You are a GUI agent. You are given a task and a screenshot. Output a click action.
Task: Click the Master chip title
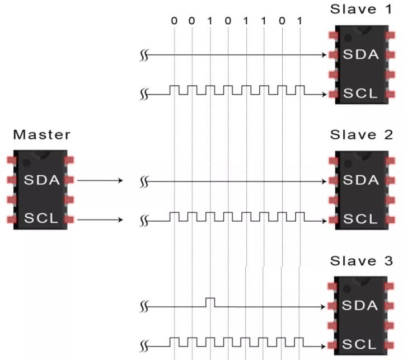point(41,135)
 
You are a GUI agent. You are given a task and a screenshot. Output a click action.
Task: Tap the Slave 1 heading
point(361,10)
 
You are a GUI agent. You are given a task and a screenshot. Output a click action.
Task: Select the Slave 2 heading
point(362,135)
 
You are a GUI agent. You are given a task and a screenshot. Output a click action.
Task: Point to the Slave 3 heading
point(362,261)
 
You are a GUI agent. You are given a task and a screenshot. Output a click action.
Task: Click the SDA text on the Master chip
point(42,180)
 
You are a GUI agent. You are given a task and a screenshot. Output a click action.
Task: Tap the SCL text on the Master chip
point(41,218)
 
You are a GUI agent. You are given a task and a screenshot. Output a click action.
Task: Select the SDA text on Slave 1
point(361,54)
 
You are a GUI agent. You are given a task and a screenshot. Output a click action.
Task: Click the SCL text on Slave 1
point(360,93)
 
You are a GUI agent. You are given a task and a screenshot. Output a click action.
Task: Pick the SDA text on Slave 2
point(361,180)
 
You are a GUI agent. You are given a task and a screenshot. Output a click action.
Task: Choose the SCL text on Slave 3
point(359,344)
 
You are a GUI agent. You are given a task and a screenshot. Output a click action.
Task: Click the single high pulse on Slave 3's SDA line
point(210,302)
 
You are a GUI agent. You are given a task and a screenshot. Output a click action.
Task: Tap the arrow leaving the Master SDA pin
point(100,180)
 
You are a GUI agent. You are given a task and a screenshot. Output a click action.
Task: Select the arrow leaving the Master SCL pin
point(100,220)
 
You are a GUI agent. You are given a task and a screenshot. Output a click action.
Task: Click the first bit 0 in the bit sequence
point(174,21)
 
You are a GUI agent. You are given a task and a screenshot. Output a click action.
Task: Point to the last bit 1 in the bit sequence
point(299,21)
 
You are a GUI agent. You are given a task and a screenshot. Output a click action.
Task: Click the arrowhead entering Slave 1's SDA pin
point(324,55)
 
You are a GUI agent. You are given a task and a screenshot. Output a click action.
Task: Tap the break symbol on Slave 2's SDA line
point(144,182)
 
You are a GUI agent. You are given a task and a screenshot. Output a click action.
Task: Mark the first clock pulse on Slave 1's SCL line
point(174,90)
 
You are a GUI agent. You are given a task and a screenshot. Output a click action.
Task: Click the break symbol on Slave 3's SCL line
point(144,347)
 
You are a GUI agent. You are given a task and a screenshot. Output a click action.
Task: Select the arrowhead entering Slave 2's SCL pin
point(324,221)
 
